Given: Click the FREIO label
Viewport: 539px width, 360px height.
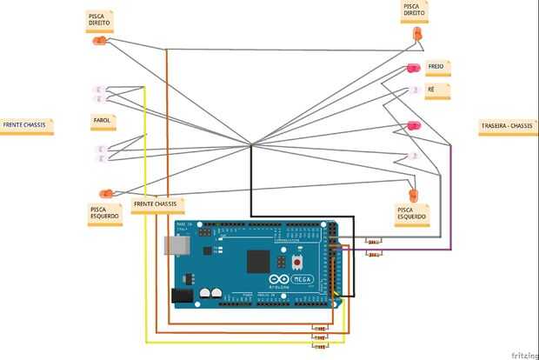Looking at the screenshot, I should [x=436, y=67].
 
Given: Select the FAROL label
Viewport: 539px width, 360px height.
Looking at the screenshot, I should [x=103, y=120].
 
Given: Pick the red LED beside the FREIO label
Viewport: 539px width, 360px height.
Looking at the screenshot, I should [x=412, y=69].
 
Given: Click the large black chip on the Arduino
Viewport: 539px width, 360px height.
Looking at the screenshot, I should [x=258, y=261].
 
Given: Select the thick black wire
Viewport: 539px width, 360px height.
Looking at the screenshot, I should [x=251, y=187].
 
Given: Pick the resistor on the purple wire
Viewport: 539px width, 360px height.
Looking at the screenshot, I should [x=375, y=254].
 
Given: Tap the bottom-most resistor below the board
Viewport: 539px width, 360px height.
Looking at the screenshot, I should [x=321, y=345].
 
